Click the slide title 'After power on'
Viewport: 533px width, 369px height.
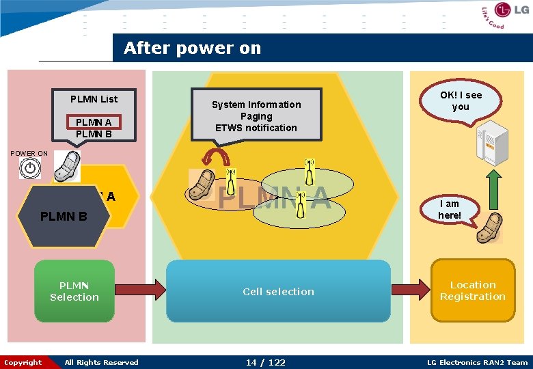[x=192, y=49]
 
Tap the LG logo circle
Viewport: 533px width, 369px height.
[x=504, y=12]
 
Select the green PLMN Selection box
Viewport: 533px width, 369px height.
[x=74, y=291]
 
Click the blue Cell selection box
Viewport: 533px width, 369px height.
[x=278, y=291]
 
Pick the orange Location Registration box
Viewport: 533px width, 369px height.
[x=472, y=290]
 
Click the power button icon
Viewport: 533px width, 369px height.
[x=29, y=168]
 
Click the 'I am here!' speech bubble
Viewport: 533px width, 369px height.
[x=450, y=210]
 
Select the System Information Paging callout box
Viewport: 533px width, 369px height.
[x=256, y=113]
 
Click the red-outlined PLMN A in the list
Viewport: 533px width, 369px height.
[x=94, y=122]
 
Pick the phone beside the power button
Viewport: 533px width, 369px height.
[x=67, y=167]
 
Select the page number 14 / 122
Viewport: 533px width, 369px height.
[x=266, y=362]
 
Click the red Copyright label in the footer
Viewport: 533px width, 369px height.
[x=23, y=362]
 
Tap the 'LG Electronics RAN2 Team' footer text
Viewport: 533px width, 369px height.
[x=477, y=362]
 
